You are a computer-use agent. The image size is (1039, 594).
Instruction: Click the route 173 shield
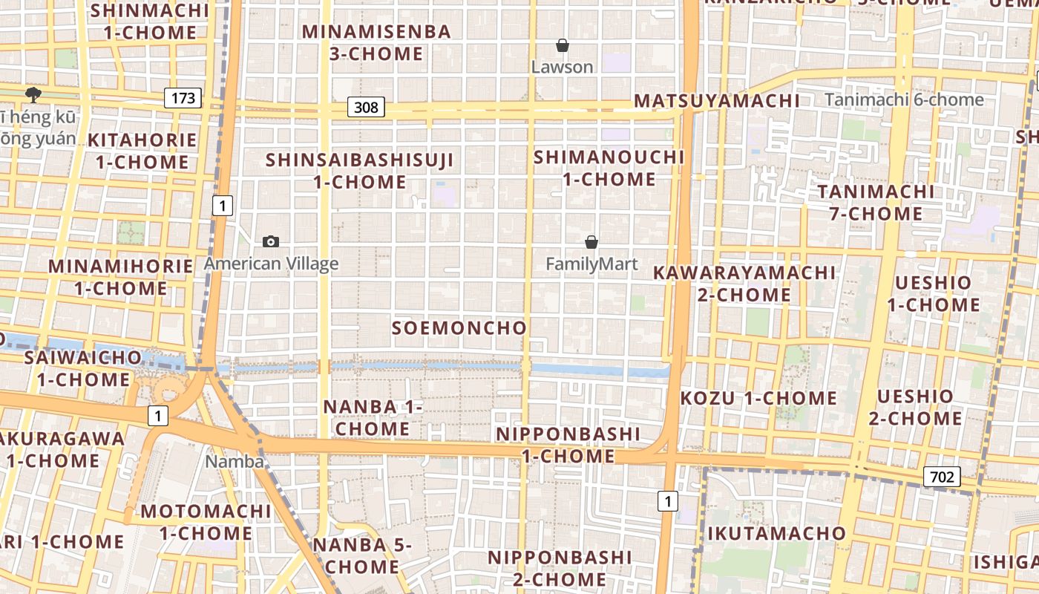point(183,97)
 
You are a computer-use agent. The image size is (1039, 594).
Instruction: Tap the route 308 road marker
point(366,108)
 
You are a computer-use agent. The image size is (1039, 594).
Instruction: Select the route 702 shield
point(942,477)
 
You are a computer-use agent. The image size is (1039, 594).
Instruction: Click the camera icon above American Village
point(271,241)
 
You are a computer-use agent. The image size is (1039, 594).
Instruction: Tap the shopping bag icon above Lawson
point(563,46)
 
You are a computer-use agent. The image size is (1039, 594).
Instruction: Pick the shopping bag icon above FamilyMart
point(591,242)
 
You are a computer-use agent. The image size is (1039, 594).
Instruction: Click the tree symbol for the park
point(33,94)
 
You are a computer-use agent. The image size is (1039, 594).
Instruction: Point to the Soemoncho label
point(459,327)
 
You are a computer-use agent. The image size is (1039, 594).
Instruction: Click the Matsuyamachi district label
point(717,101)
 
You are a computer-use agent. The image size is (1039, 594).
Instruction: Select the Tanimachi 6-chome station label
point(904,99)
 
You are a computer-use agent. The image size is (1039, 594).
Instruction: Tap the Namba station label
point(235,461)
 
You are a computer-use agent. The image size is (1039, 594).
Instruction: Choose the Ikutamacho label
point(776,533)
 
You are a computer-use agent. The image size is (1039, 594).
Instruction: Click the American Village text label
point(271,263)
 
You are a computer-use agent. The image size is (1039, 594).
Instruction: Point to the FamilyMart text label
point(591,264)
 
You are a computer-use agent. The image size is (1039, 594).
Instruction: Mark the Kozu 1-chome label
point(758,398)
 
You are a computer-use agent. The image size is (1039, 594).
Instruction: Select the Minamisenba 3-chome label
point(377,42)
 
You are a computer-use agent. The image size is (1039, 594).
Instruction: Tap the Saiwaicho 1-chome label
point(83,368)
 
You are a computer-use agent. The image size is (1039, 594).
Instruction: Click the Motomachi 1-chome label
point(206,522)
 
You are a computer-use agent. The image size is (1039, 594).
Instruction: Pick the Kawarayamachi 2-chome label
point(744,284)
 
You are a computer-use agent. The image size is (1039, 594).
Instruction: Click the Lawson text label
point(563,67)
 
